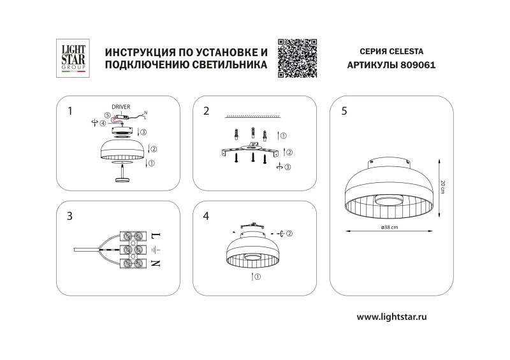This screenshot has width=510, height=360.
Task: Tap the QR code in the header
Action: (298, 58)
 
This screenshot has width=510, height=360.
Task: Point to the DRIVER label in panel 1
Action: (121, 107)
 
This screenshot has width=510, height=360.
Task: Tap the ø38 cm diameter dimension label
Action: (390, 228)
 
